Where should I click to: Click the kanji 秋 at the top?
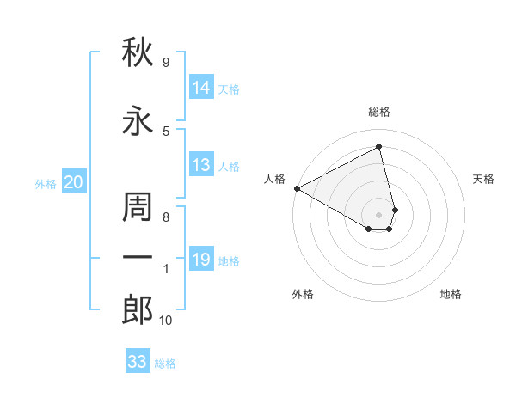[138, 52]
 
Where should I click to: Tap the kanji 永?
[138, 120]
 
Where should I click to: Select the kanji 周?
[138, 206]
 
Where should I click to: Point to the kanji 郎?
[138, 309]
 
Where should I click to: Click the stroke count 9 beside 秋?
[166, 62]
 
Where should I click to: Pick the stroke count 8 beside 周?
[166, 217]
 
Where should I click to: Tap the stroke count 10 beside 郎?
[165, 320]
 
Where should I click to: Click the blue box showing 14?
[201, 87]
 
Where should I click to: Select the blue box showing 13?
[201, 164]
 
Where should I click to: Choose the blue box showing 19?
[201, 258]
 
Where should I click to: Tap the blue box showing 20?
[74, 181]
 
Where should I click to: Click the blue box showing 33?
[138, 360]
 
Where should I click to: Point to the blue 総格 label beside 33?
[165, 364]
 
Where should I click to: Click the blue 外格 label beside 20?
[46, 184]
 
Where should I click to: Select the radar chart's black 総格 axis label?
[379, 112]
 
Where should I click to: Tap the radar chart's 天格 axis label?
[483, 179]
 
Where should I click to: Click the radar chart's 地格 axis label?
[451, 294]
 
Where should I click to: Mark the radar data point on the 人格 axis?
[298, 188]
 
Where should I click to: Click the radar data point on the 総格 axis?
[378, 146]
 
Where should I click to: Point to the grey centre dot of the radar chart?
[378, 215]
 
